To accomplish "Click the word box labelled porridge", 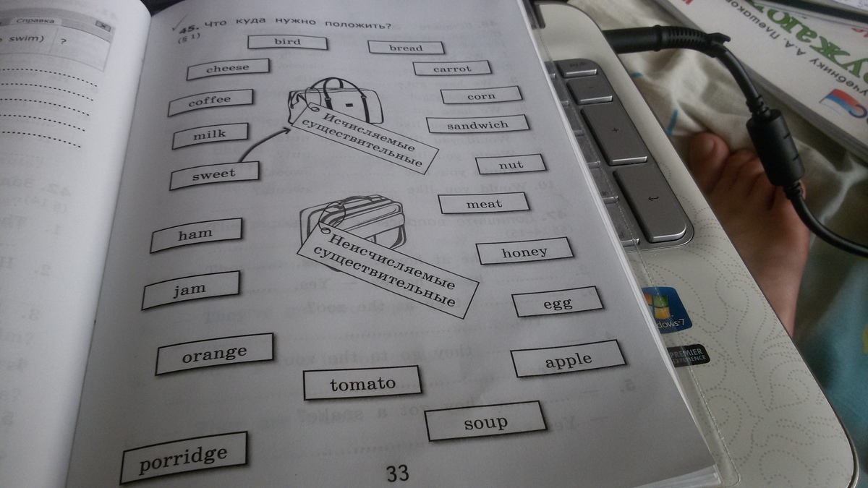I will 184,457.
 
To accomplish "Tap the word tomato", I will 362,384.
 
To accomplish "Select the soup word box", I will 485,421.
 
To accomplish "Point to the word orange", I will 214,354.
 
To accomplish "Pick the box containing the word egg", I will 557,302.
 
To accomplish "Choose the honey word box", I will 524,252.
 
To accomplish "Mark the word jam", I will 190,289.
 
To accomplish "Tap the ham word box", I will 195,234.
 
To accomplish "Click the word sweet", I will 214,174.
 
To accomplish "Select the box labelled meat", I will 484,204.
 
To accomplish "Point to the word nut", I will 511,166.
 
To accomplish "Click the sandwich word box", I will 477,125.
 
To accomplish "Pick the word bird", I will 287,42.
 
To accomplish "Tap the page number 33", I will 397,474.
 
